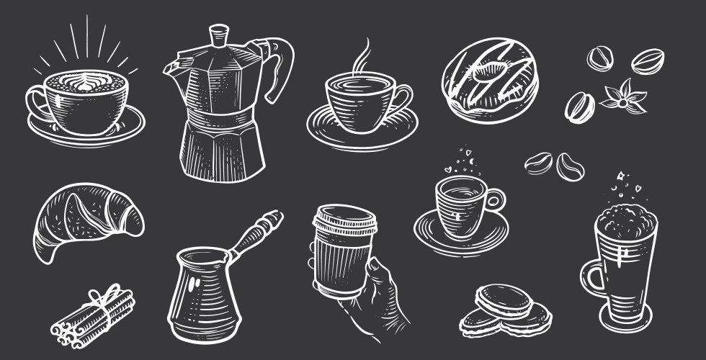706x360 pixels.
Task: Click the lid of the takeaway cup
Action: coord(345,218)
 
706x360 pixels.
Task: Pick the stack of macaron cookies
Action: coord(504,310)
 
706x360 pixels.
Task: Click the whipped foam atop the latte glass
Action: coord(625,215)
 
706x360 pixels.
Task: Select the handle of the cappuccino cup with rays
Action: coord(34,104)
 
